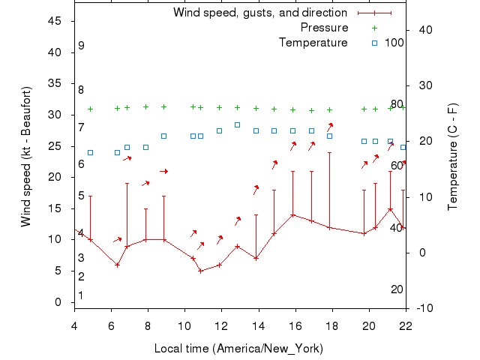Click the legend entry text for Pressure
324,28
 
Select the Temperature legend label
313,43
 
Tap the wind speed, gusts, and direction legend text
259,13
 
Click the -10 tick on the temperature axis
424,308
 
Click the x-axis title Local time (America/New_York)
238,349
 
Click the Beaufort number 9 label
81,46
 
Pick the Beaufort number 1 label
81,295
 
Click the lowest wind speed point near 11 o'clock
200,271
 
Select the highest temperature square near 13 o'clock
237,124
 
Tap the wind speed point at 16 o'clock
292,214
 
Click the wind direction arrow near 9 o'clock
163,172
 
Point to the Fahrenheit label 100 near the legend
394,42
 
